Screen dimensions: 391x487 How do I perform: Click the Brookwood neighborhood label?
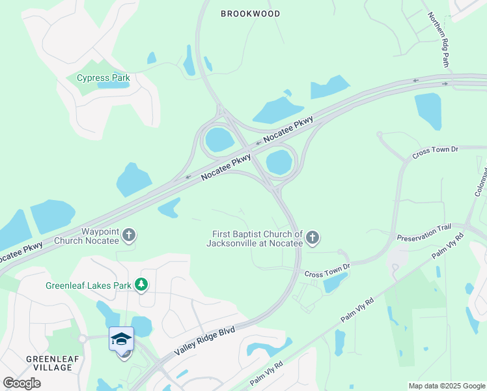pyautogui.click(x=250, y=14)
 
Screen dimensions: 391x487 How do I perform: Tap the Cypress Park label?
pyautogui.click(x=104, y=78)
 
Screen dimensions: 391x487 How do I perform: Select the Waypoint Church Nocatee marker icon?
pyautogui.click(x=129, y=235)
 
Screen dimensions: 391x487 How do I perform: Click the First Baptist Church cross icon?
pyautogui.click(x=313, y=238)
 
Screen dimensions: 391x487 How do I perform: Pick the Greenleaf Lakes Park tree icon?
pyautogui.click(x=141, y=285)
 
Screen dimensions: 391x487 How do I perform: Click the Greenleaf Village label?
pyautogui.click(x=49, y=363)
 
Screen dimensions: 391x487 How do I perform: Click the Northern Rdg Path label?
pyautogui.click(x=438, y=40)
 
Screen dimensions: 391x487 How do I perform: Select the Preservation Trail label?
pyautogui.click(x=424, y=233)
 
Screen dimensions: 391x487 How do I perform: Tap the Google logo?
pyautogui.click(x=21, y=383)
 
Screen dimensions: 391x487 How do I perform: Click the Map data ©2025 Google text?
pyautogui.click(x=446, y=386)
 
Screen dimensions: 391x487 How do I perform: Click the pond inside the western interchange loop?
pyautogui.click(x=219, y=139)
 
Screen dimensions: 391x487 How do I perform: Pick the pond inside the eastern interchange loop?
pyautogui.click(x=279, y=162)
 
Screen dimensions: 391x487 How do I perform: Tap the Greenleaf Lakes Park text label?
pyautogui.click(x=88, y=285)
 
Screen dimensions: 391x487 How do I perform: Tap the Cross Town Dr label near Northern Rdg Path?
pyautogui.click(x=436, y=151)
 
